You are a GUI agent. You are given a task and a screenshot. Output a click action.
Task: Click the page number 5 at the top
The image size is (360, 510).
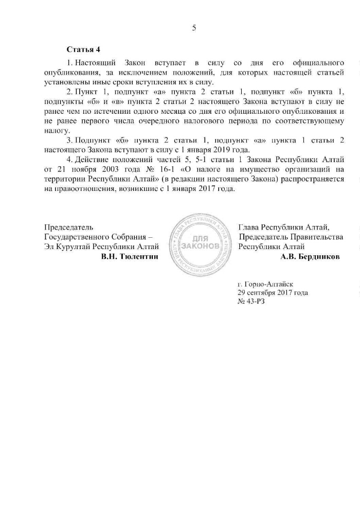194,28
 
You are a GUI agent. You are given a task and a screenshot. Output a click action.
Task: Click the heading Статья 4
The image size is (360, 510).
83,49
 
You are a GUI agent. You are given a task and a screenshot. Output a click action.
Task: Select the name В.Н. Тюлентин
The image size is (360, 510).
130,256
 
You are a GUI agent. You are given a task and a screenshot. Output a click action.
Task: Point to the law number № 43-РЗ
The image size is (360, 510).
251,302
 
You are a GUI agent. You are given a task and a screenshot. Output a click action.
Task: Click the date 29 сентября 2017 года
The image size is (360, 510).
273,292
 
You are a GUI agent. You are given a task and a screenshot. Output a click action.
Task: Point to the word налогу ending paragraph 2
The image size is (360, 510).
57,131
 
